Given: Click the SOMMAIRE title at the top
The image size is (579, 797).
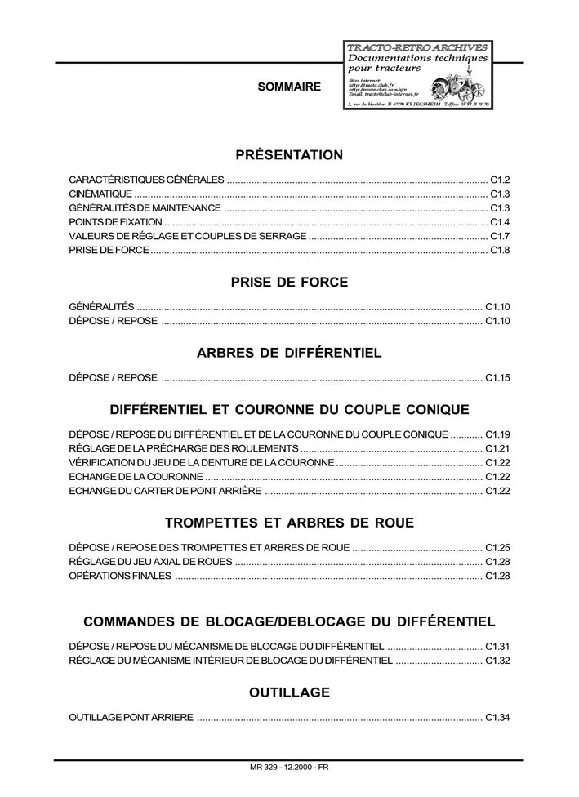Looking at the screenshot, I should click(289, 87).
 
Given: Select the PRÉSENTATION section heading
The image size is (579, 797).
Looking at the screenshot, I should click(289, 155).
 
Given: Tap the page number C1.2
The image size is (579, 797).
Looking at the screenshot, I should click(500, 179).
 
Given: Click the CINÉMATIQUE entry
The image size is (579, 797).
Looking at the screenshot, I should click(100, 194).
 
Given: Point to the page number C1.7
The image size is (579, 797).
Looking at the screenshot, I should click(500, 236).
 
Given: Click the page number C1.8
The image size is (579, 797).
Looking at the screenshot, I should click(500, 250).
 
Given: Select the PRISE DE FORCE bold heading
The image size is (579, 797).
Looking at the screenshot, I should click(289, 283).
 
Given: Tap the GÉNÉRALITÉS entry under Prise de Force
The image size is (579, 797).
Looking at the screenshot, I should click(101, 307).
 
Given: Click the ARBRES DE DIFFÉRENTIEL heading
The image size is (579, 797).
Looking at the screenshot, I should click(289, 354).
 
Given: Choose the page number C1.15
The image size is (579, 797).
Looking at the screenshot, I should click(497, 378).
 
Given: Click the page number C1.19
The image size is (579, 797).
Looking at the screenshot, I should click(497, 434).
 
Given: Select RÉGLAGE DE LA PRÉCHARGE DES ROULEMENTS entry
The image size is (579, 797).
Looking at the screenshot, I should click(183, 449).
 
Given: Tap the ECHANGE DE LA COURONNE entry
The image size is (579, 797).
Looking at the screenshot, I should click(136, 477).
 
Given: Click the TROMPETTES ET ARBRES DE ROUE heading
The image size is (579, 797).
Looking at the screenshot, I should click(289, 523).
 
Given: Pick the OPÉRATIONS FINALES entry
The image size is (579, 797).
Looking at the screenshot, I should click(120, 576).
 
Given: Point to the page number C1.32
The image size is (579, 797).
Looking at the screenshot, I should click(497, 661).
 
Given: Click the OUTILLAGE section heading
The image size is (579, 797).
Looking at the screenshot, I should click(289, 693).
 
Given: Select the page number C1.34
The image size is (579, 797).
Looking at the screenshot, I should click(497, 718).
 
